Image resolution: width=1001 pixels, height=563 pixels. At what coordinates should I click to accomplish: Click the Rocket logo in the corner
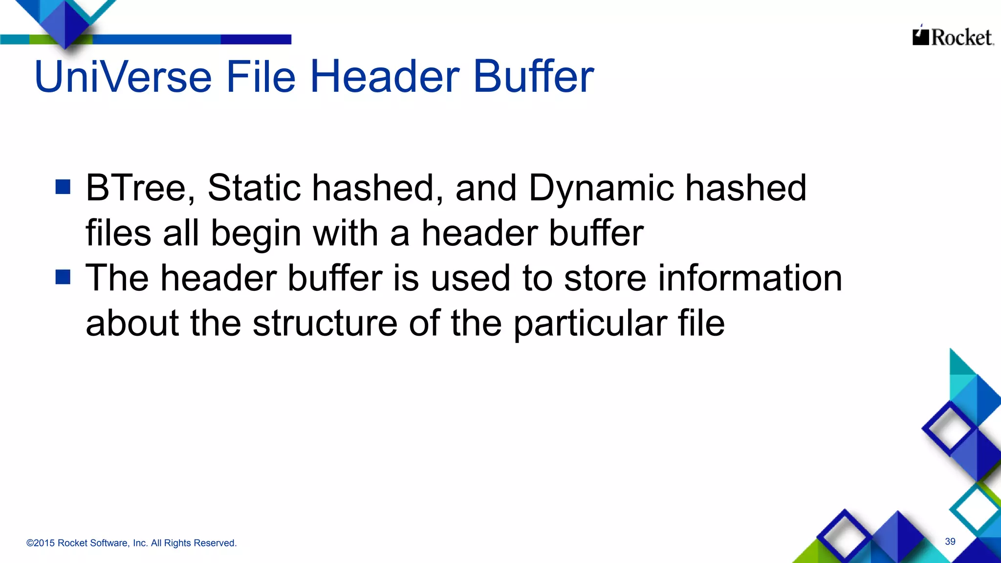(x=953, y=37)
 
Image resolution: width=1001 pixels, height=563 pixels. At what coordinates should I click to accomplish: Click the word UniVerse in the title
(x=123, y=77)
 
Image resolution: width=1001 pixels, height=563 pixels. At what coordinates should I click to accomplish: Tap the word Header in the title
(x=384, y=77)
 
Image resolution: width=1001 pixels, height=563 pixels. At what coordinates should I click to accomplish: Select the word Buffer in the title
(x=533, y=77)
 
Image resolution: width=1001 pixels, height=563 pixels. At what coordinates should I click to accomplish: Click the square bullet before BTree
(x=63, y=187)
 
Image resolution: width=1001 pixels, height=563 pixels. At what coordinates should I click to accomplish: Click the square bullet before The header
(x=63, y=277)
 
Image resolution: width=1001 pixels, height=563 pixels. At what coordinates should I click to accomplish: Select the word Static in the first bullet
(x=254, y=188)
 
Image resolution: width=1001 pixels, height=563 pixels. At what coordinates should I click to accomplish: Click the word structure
(x=325, y=324)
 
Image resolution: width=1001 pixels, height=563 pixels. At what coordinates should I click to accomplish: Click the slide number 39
(x=950, y=541)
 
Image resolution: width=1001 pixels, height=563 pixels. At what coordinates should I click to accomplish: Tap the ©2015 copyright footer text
(x=131, y=543)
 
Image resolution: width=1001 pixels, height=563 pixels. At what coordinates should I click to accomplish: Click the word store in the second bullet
(x=605, y=278)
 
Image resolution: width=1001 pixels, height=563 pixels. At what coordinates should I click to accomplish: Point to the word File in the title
(x=260, y=77)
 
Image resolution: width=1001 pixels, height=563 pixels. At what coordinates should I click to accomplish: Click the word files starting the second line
(x=118, y=233)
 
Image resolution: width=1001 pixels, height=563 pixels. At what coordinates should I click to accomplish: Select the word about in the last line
(x=132, y=324)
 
